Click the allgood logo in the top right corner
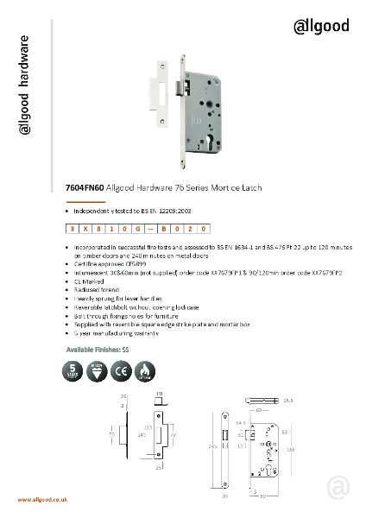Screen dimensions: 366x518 [x=320, y=25]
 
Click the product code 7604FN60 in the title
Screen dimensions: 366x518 [x=85, y=186]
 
